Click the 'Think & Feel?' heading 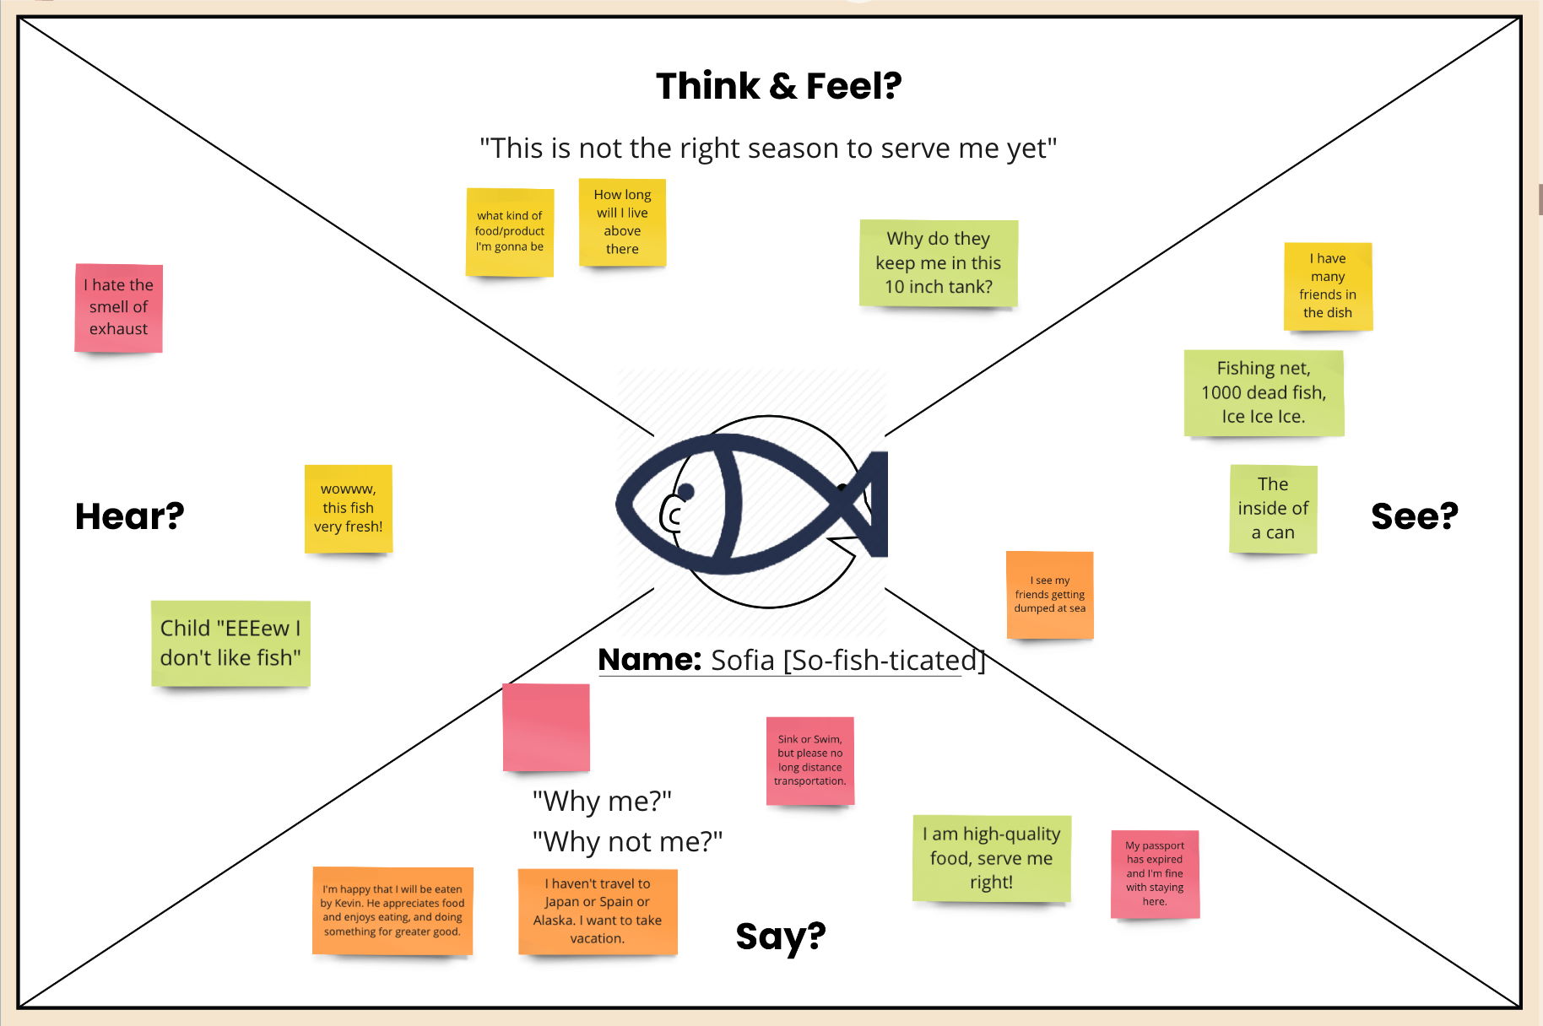[778, 86]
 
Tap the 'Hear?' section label [129, 516]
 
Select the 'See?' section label [1414, 516]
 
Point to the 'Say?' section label [780, 936]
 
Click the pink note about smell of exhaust [118, 308]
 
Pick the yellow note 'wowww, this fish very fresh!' [348, 509]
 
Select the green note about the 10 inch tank [938, 263]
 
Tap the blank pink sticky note [546, 726]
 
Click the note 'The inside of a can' [1273, 509]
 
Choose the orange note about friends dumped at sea [1049, 595]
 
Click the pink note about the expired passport [1155, 873]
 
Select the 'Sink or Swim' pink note [809, 760]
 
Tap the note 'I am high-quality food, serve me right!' [991, 858]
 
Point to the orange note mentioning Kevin [393, 910]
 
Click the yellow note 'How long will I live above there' [622, 222]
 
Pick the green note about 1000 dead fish [1263, 392]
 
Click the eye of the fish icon [685, 491]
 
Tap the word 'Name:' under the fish [649, 659]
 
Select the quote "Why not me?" [627, 841]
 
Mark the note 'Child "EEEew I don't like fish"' [230, 643]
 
